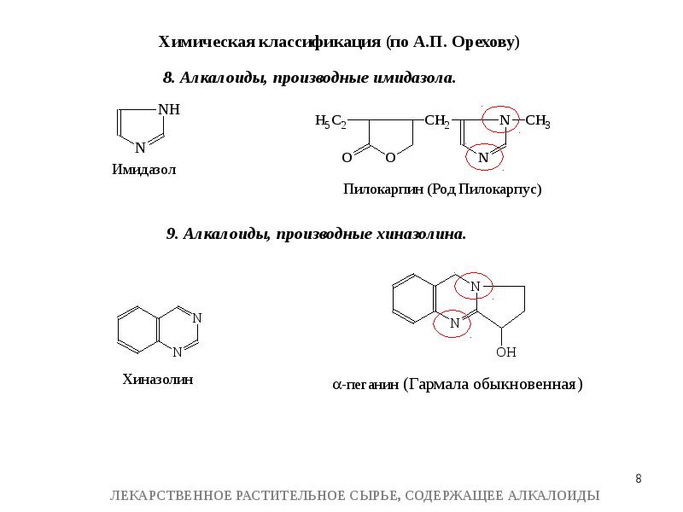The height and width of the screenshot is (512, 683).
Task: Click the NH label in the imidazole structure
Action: point(169,110)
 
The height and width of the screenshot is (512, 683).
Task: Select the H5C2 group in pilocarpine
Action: point(330,123)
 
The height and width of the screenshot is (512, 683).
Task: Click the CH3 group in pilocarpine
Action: point(538,123)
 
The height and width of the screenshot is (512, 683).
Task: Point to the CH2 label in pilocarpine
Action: point(436,123)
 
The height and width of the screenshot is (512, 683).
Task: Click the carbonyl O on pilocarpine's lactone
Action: point(347,158)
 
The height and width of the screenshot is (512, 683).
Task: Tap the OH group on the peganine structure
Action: point(506,352)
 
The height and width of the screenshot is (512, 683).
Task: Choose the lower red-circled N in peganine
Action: point(454,323)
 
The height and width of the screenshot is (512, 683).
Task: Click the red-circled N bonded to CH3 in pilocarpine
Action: point(504,121)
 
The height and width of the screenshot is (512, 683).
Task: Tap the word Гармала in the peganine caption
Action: point(438,384)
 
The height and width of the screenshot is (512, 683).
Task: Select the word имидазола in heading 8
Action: point(413,79)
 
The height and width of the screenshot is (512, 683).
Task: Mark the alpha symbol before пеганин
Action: point(336,385)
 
